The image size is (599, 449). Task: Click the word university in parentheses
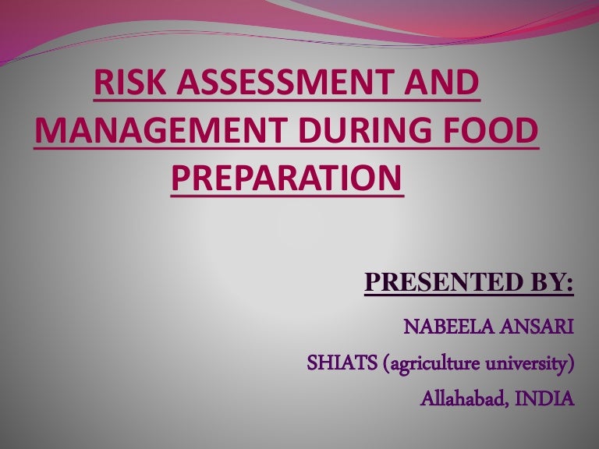point(526,364)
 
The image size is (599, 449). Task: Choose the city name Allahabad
point(460,400)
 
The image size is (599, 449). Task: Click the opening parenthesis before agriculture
point(388,364)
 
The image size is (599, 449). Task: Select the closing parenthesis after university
point(571,364)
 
